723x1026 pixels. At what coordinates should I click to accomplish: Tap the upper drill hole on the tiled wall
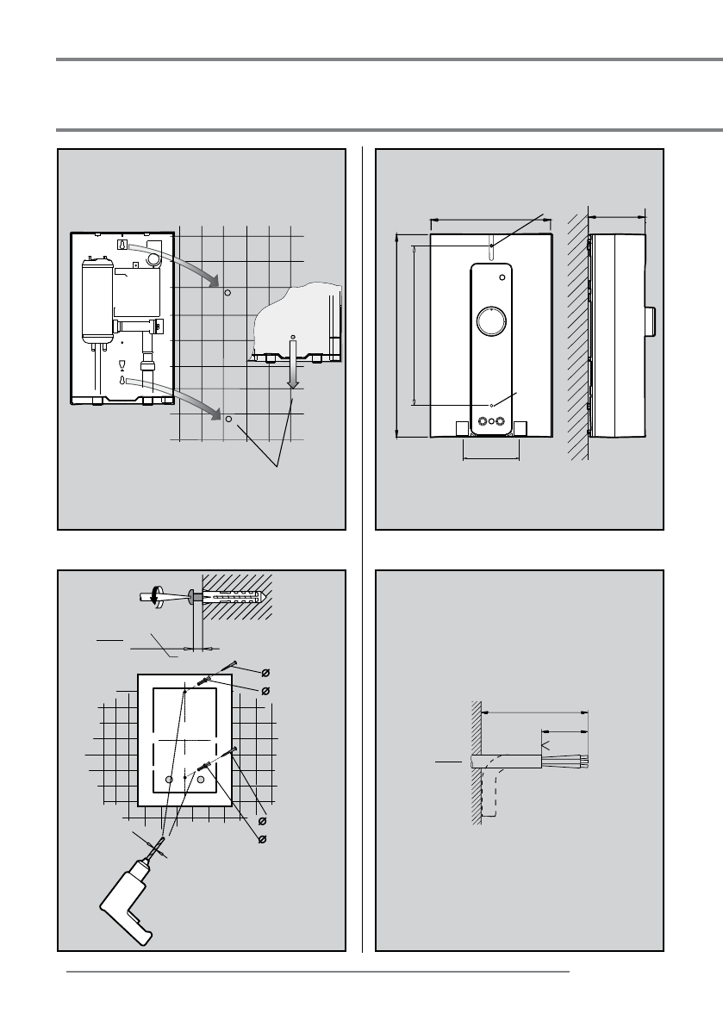pos(227,293)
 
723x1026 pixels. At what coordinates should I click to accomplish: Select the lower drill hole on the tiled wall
pos(229,420)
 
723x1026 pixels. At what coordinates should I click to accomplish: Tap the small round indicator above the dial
pos(502,277)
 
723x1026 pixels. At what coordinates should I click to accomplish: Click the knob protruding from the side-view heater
pos(652,320)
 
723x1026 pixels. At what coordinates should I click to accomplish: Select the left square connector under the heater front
pos(461,427)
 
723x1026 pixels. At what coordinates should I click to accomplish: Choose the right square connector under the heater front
pos(520,427)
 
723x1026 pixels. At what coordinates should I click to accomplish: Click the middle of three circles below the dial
pos(490,422)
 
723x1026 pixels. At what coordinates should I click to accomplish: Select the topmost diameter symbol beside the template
pos(265,671)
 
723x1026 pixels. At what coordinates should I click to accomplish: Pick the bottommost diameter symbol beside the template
pos(263,838)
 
